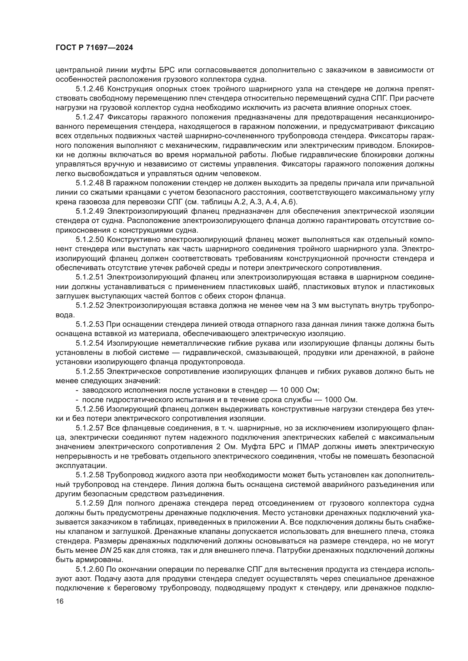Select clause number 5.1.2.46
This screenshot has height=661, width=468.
[x=90, y=89]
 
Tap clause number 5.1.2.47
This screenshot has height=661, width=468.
[x=90, y=117]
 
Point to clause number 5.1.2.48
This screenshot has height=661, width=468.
[x=90, y=183]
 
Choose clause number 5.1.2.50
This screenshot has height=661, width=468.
[x=90, y=240]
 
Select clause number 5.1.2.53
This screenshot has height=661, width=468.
[x=90, y=324]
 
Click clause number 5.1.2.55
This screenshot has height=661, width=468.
[x=90, y=372]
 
